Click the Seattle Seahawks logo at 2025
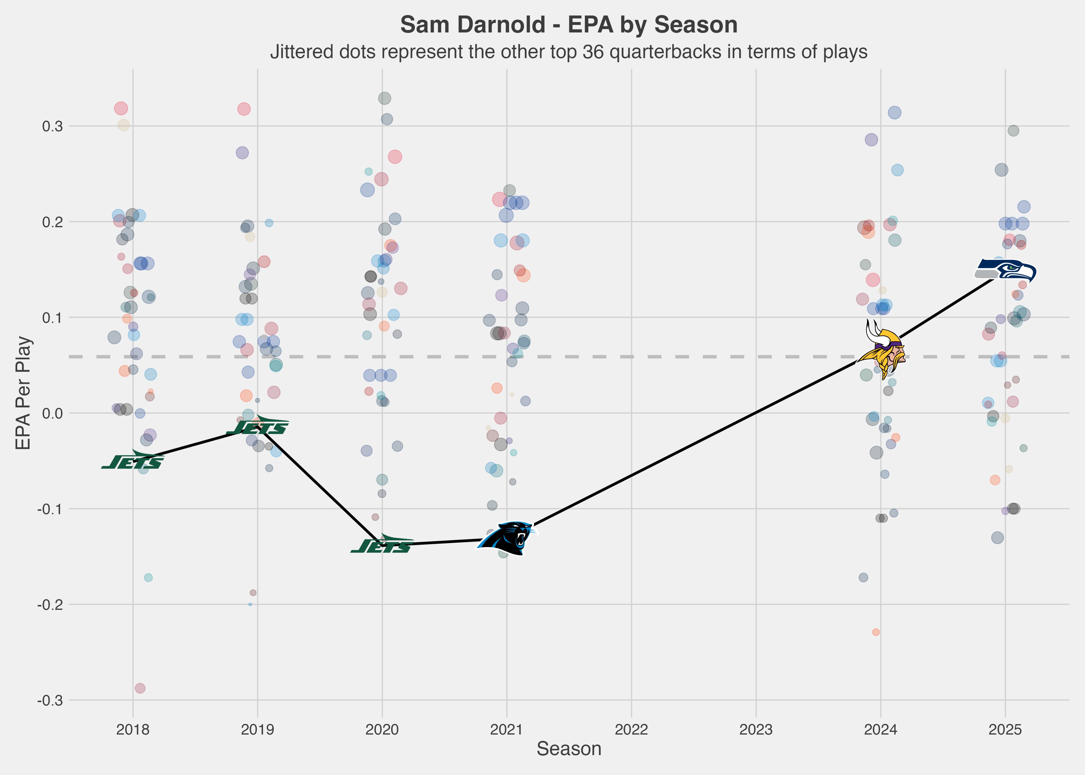click(x=1005, y=271)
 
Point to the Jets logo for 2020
click(x=382, y=545)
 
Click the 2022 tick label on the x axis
click(x=631, y=730)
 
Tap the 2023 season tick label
click(x=756, y=730)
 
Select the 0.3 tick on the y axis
click(x=52, y=126)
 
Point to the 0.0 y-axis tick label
click(x=52, y=413)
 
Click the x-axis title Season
click(x=569, y=749)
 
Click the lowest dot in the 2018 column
click(x=140, y=688)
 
